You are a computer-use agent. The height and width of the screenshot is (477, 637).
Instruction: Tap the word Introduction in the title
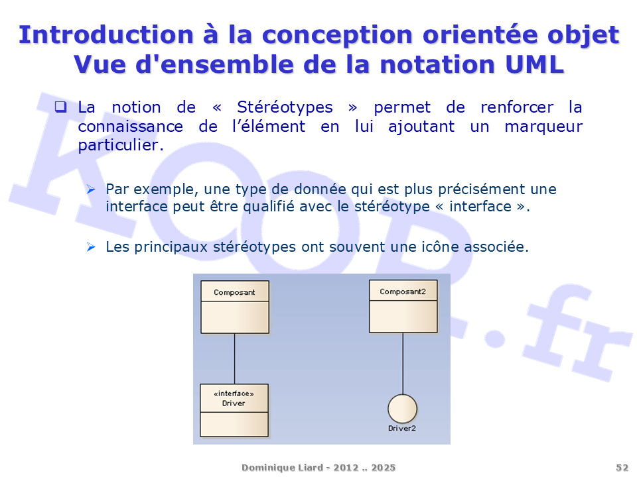click(x=106, y=34)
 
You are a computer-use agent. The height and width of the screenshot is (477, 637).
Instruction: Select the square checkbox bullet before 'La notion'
click(x=60, y=107)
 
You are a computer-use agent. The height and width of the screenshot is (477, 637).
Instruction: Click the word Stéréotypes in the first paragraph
click(x=285, y=107)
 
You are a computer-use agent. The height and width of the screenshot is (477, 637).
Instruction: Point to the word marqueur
click(x=543, y=127)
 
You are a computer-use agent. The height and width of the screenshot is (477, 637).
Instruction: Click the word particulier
click(x=121, y=145)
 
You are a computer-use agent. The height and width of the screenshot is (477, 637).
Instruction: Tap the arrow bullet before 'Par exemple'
click(x=91, y=189)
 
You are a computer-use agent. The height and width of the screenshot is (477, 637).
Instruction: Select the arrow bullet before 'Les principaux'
click(x=91, y=246)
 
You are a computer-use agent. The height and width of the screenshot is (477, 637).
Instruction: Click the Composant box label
click(x=234, y=292)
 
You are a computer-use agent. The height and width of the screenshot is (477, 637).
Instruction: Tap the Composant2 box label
click(x=403, y=291)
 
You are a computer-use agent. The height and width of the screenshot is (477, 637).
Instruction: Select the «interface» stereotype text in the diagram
click(x=234, y=394)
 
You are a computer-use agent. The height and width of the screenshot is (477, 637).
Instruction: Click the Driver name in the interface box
click(x=234, y=403)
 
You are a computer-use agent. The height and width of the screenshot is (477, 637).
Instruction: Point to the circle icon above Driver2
click(x=403, y=409)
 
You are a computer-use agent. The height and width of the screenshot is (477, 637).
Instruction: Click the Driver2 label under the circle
click(x=402, y=429)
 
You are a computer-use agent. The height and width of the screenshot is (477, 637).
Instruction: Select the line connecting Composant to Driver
click(x=234, y=358)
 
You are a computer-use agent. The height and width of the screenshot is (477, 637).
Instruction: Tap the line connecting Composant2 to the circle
click(x=403, y=364)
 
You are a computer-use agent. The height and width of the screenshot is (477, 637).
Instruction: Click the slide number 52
click(x=622, y=468)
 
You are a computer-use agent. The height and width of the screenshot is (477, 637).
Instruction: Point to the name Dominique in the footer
click(x=262, y=468)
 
